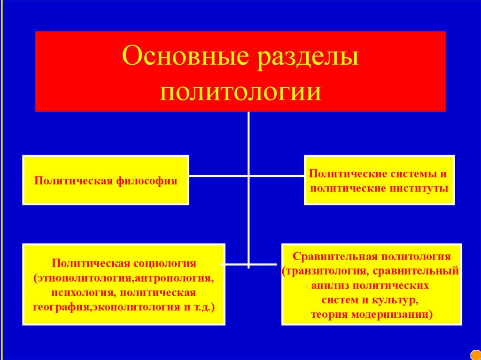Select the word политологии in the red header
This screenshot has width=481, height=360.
(x=240, y=91)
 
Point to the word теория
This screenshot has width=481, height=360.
(x=329, y=314)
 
